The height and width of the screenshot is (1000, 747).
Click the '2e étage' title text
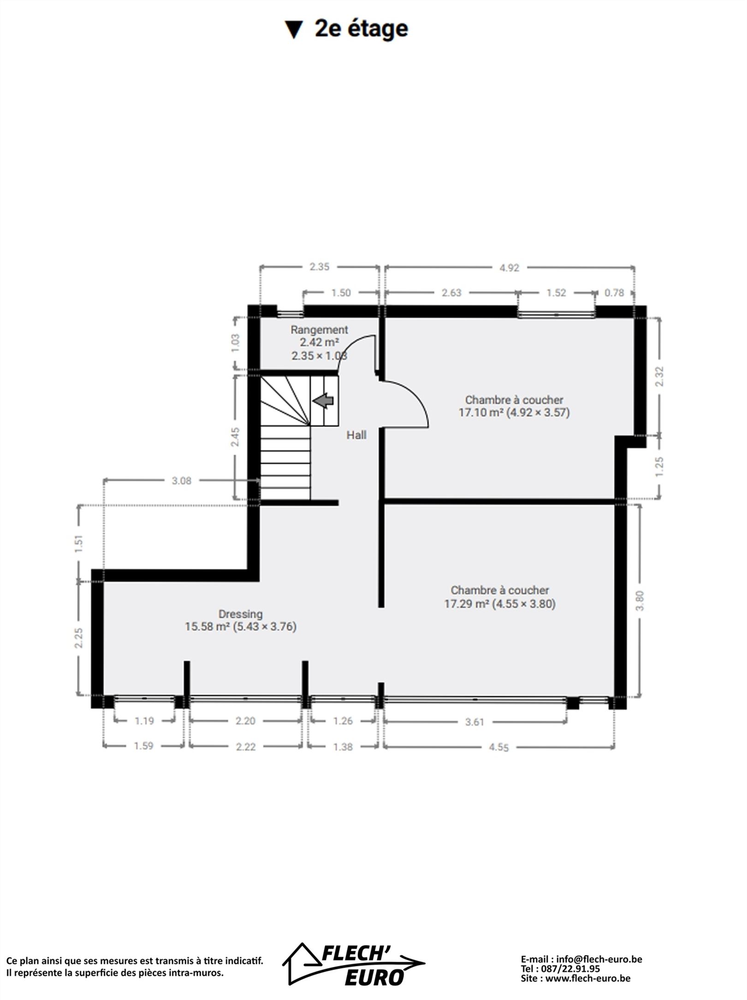361,29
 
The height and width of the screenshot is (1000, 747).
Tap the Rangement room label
319,330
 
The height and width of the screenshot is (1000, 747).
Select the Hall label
356,435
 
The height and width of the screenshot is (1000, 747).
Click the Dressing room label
240,614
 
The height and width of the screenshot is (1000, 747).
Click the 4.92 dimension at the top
509,268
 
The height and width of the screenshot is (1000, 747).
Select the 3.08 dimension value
181,480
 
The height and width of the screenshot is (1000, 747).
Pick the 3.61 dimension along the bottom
474,722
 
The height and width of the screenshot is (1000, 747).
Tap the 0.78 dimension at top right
614,293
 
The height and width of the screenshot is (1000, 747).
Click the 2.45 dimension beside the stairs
235,436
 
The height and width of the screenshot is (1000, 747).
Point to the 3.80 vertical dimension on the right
639,601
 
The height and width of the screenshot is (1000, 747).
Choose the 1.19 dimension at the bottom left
144,721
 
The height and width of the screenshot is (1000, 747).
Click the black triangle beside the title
294,30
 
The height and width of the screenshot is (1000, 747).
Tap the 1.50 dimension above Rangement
341,293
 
